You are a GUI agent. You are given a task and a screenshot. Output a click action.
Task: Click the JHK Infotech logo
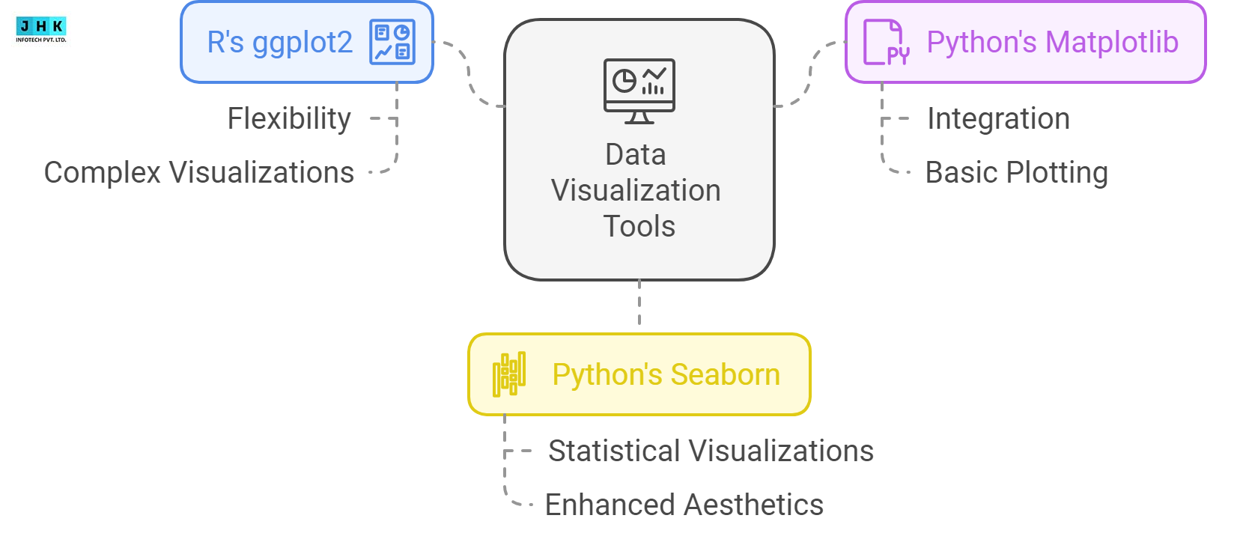click(x=41, y=29)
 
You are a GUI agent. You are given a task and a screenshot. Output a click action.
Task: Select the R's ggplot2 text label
click(x=279, y=43)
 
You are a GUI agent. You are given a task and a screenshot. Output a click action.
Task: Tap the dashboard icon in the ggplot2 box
click(x=392, y=43)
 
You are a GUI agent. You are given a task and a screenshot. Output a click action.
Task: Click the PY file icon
click(x=885, y=43)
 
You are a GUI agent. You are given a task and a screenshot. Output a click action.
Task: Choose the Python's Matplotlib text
click(x=1052, y=43)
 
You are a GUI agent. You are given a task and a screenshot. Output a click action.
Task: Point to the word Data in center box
click(x=636, y=155)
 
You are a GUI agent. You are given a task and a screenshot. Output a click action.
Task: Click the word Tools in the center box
click(x=639, y=226)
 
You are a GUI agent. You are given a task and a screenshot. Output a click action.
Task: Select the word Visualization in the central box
click(x=636, y=191)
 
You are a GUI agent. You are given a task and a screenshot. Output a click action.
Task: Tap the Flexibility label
click(x=289, y=119)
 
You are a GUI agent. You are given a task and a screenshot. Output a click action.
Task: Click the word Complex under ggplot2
click(x=103, y=173)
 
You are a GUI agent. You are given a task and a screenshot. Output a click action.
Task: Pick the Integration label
click(x=998, y=119)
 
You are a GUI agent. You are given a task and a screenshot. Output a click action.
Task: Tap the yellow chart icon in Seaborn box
click(x=509, y=374)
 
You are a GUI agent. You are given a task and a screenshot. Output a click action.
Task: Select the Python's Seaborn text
click(x=666, y=374)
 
